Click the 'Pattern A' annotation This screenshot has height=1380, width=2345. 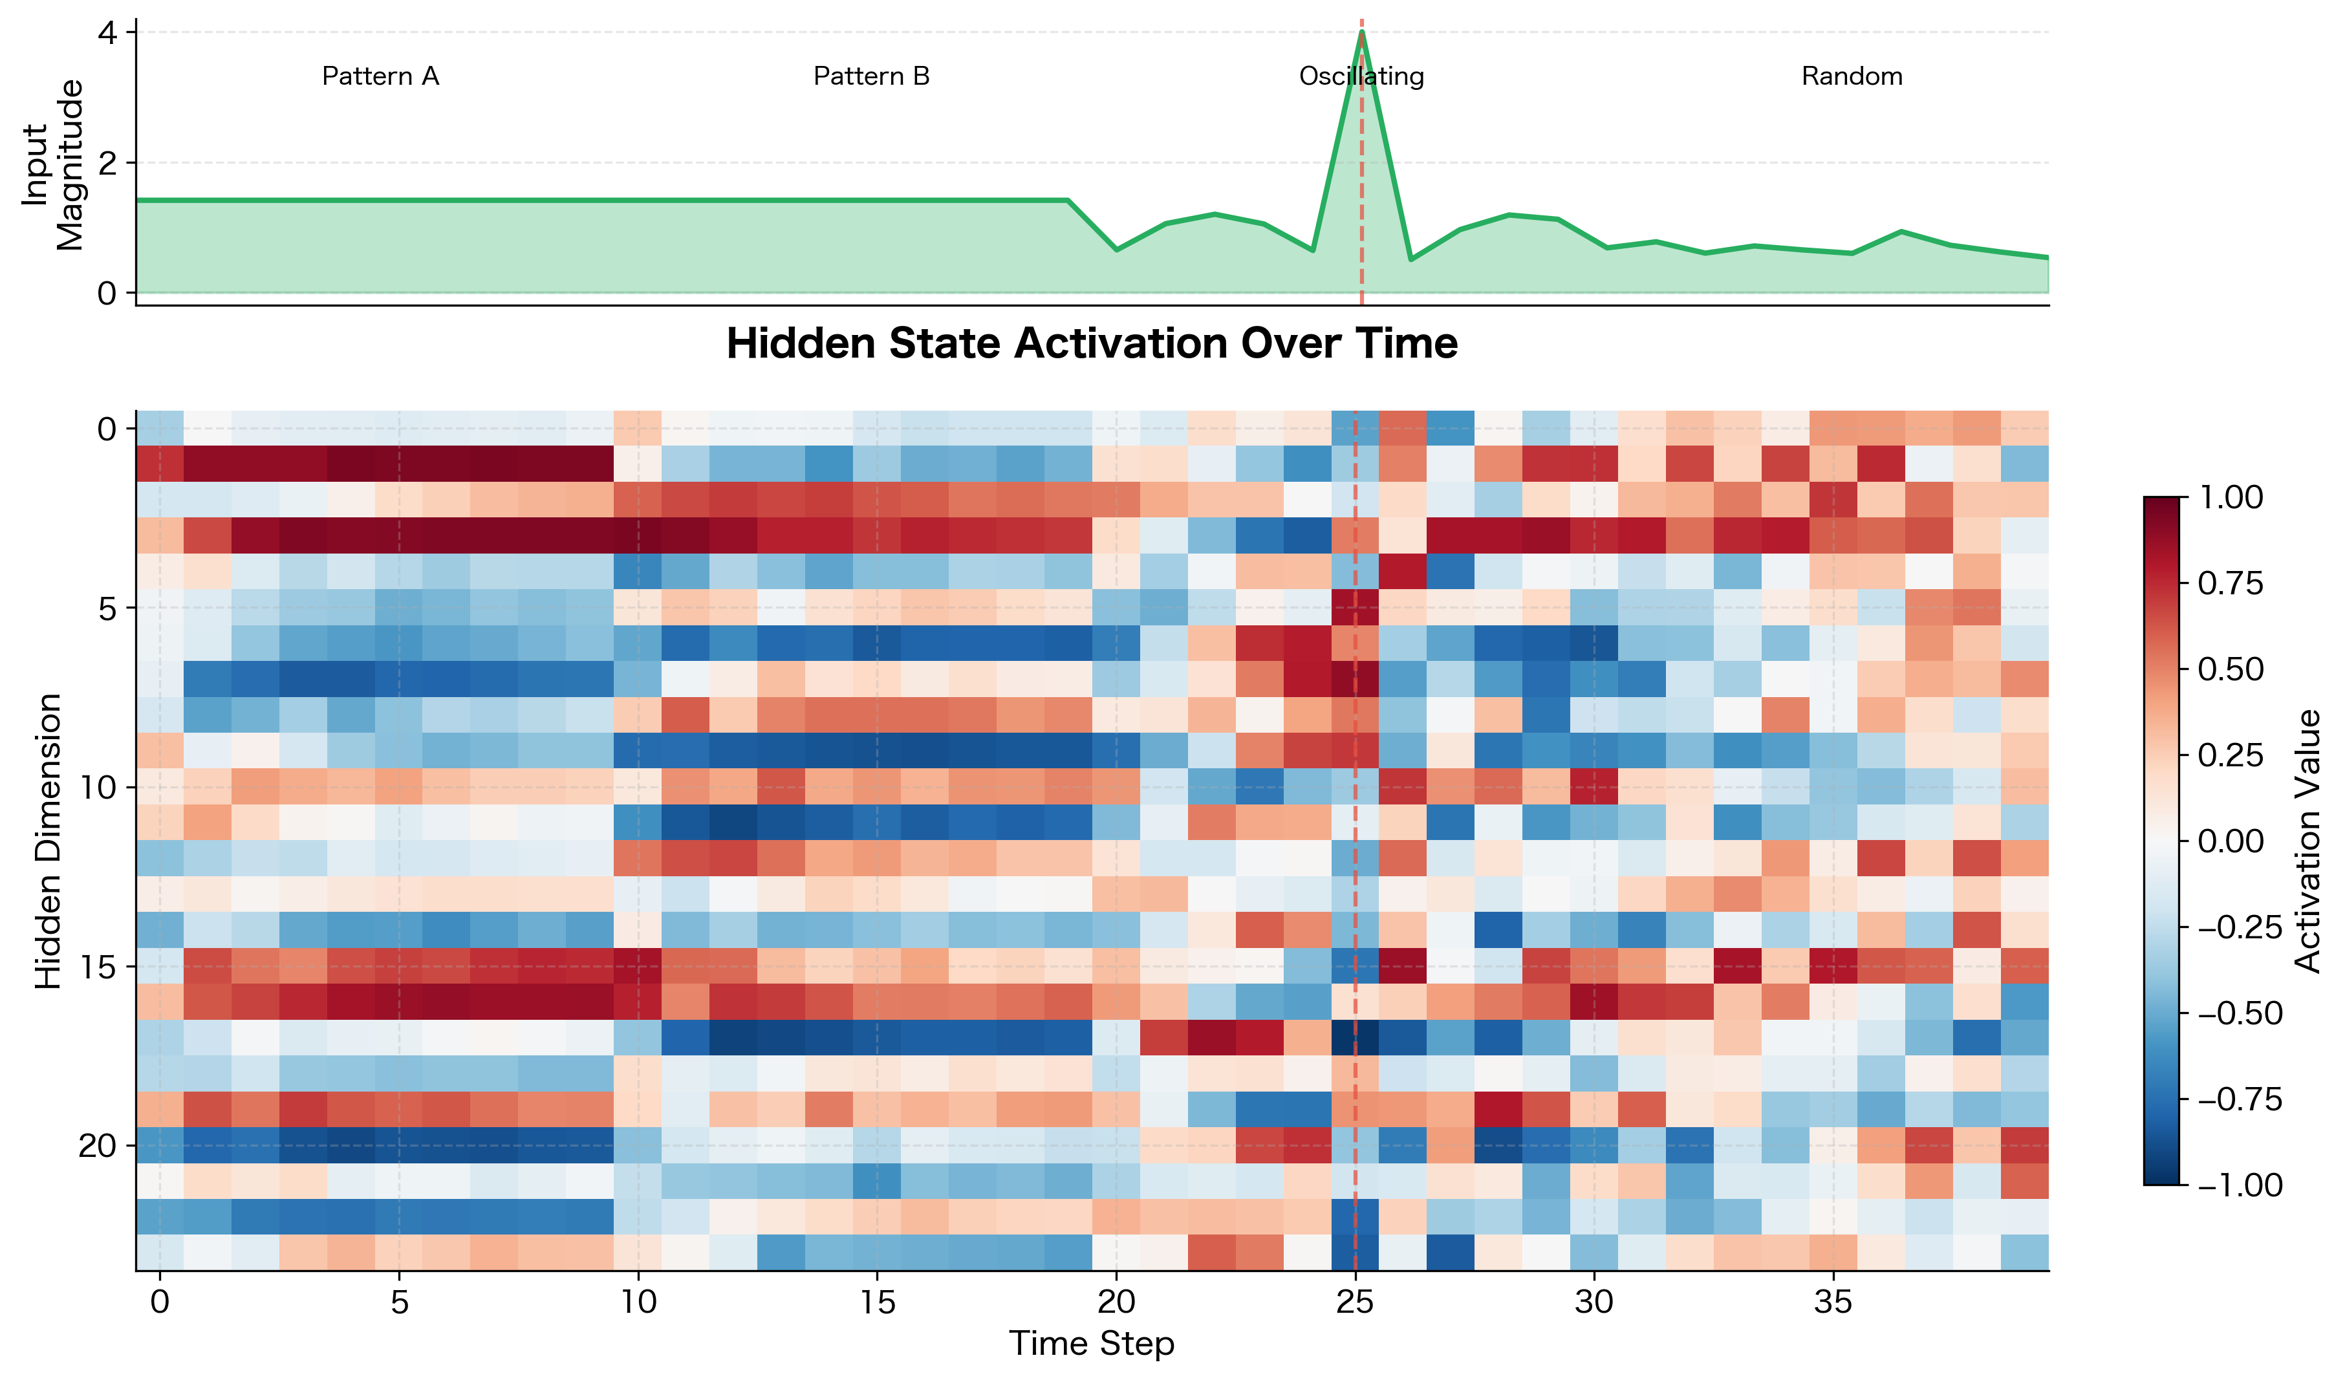tap(380, 76)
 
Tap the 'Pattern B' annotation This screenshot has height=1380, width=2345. tap(871, 76)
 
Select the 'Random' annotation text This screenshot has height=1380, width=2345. tap(1852, 76)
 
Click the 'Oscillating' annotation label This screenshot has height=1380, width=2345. tap(1361, 76)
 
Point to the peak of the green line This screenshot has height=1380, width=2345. tap(1361, 32)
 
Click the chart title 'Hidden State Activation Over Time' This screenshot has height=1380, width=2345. tap(1092, 343)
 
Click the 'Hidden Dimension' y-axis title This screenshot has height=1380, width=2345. tap(49, 840)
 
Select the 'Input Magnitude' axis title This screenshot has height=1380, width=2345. tap(54, 165)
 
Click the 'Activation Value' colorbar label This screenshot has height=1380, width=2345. tap(2307, 840)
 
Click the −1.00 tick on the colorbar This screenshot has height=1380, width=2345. tap(2239, 1185)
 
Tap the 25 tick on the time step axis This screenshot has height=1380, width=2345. tap(1355, 1301)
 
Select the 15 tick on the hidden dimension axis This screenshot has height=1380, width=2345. tap(97, 967)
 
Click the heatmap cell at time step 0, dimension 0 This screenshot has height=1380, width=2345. tap(160, 428)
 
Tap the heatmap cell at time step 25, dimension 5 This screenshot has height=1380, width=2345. tap(1355, 608)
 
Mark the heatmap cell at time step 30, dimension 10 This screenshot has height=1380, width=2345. tap(1594, 787)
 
